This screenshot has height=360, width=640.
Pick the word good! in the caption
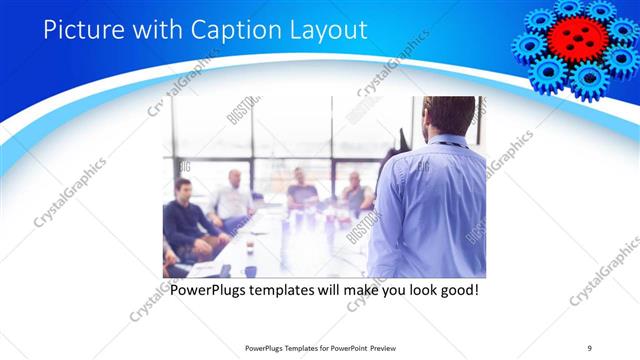[452, 291]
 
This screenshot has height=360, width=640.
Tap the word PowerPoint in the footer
[340, 347]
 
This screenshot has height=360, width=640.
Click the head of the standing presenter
[448, 116]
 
